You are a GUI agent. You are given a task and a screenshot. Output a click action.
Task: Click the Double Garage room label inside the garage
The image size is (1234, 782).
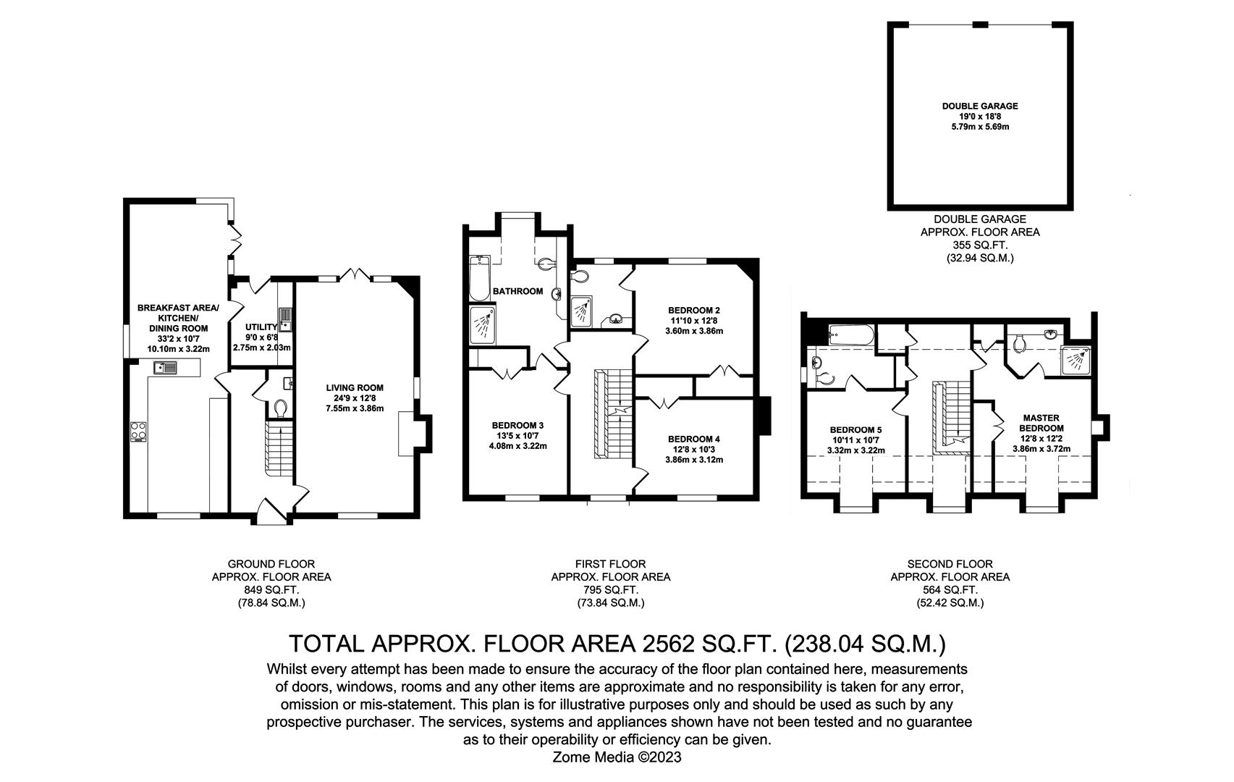(x=979, y=106)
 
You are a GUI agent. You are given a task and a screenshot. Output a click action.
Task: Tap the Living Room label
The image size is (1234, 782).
(x=354, y=387)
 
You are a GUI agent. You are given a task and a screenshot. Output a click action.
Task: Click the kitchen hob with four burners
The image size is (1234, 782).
(x=138, y=432)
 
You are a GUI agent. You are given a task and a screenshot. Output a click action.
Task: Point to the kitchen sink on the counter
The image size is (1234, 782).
(x=164, y=369)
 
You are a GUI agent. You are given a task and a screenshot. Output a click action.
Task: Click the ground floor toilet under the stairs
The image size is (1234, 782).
(x=281, y=408)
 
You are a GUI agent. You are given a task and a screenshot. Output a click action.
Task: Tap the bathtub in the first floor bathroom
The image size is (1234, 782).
(x=479, y=278)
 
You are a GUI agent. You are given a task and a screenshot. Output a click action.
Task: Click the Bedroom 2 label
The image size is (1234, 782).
(x=693, y=310)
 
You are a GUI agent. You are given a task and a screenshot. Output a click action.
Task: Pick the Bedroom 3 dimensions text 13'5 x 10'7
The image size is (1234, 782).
(x=517, y=436)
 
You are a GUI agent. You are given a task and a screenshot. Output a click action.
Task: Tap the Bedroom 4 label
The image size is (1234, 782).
(x=693, y=439)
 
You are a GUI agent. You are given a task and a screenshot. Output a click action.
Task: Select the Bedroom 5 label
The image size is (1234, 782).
(x=855, y=429)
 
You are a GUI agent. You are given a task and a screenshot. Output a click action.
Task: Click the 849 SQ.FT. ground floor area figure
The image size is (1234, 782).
(x=271, y=590)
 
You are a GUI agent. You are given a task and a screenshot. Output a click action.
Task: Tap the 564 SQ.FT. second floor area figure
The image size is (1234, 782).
(x=950, y=590)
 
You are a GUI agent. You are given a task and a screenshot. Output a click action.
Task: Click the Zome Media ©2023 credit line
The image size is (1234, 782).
(x=617, y=757)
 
